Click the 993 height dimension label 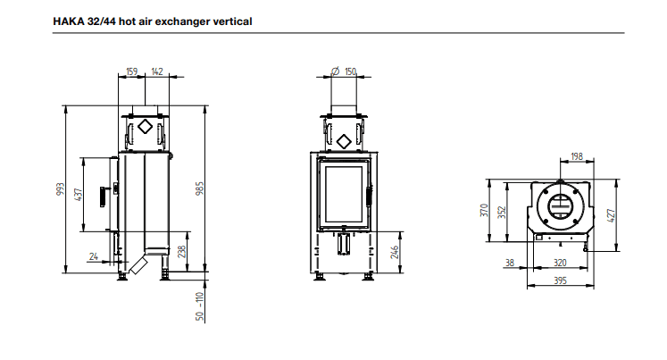coord(61,189)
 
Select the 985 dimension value coord(199,188)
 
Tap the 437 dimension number coord(78,195)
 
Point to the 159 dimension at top coord(132,71)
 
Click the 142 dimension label coord(157,71)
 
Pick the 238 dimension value coord(181,252)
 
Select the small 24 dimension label coord(94,256)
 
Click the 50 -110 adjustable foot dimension coord(199,306)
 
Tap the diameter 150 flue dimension coord(344,71)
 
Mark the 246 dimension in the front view coord(395,252)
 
